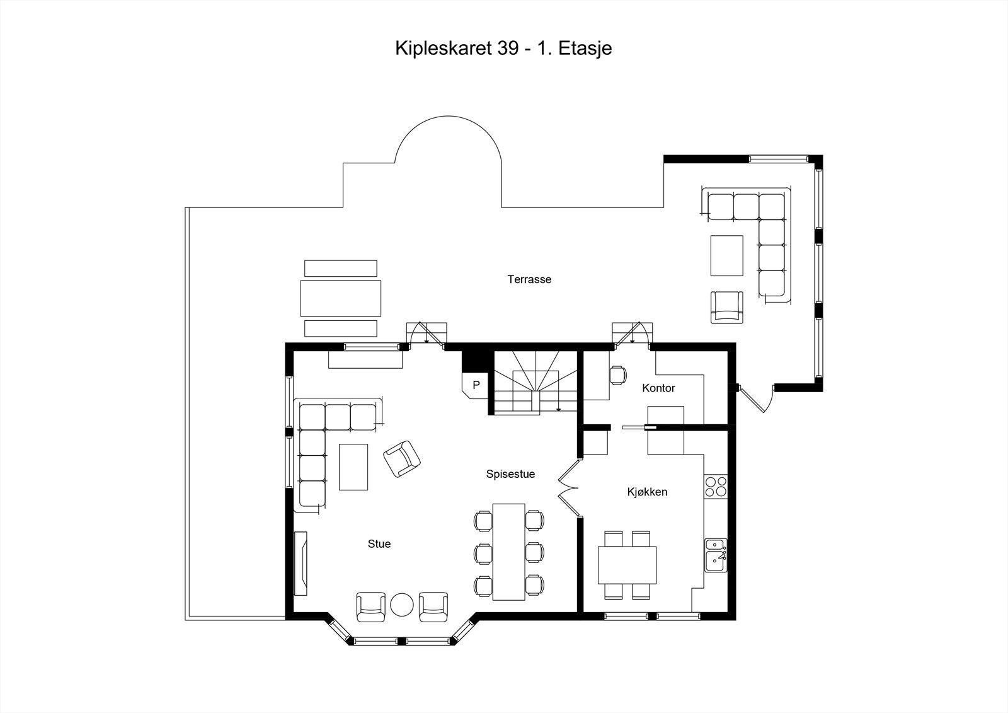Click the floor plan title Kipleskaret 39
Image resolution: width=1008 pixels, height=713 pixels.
[x=503, y=49]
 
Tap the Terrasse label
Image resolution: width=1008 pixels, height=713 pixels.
[x=529, y=279]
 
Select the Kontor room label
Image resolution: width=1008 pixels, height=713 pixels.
[x=658, y=388]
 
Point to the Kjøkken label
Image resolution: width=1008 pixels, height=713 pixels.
[x=647, y=492]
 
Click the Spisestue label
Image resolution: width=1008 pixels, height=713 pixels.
[x=510, y=474]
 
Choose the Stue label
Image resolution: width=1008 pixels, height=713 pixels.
[x=379, y=543]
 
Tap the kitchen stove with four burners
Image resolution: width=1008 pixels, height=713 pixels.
[x=716, y=486]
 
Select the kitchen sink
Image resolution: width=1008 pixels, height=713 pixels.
[x=715, y=555]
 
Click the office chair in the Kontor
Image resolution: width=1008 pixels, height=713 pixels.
[x=618, y=374]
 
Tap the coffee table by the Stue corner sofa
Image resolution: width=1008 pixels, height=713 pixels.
[x=353, y=467]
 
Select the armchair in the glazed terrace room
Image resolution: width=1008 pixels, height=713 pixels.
[x=726, y=307]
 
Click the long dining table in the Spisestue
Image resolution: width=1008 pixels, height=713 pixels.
[x=509, y=551]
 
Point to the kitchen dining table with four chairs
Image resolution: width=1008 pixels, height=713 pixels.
[x=627, y=565]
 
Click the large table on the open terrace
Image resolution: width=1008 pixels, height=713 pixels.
[x=341, y=298]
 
